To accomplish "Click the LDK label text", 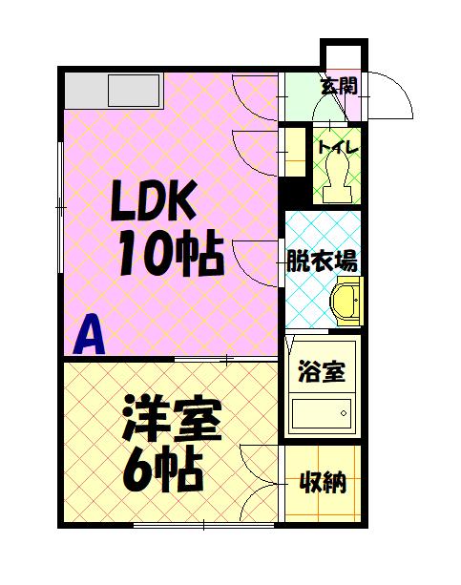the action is click(x=154, y=200).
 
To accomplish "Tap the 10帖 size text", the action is click(x=172, y=252).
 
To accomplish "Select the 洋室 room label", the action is click(x=172, y=420).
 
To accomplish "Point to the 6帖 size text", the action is click(x=163, y=469).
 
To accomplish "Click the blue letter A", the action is click(x=90, y=335).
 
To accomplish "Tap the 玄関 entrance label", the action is click(x=340, y=86).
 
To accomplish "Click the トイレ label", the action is click(x=338, y=147).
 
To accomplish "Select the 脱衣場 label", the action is click(x=322, y=261).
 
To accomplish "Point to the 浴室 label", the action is click(x=322, y=371).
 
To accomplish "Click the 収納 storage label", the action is click(x=323, y=482).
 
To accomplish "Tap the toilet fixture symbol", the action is click(x=337, y=177).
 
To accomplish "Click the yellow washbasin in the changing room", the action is click(x=348, y=302).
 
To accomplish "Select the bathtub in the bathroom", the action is click(x=322, y=414).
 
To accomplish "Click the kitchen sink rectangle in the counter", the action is click(x=134, y=91).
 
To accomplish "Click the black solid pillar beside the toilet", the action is click(x=295, y=191).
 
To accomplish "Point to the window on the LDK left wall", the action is click(x=60, y=207).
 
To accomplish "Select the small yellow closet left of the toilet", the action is click(x=295, y=152).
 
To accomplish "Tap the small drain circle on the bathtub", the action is click(x=344, y=413).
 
